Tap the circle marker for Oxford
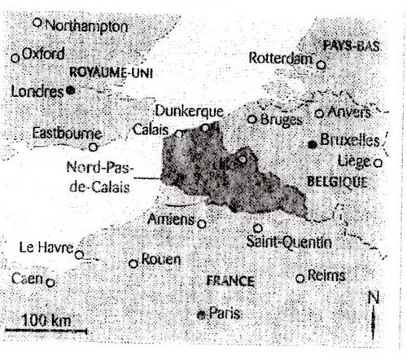click(x=15, y=58)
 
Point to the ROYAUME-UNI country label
click(x=112, y=73)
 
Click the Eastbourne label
click(x=67, y=133)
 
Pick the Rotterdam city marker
click(x=322, y=64)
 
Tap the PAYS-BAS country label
click(x=352, y=45)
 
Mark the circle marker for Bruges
click(x=252, y=119)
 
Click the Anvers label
click(x=348, y=112)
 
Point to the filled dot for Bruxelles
click(x=313, y=144)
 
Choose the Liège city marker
click(x=379, y=163)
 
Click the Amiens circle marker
click(x=202, y=222)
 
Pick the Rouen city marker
click(x=133, y=263)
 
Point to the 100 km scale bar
click(x=46, y=330)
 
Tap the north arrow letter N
click(x=374, y=297)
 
